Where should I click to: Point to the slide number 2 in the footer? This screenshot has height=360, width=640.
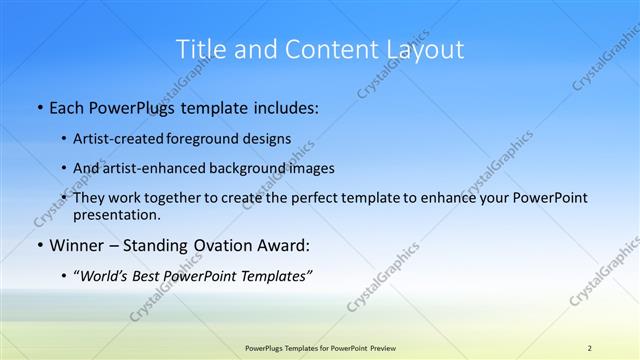pyautogui.click(x=589, y=348)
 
